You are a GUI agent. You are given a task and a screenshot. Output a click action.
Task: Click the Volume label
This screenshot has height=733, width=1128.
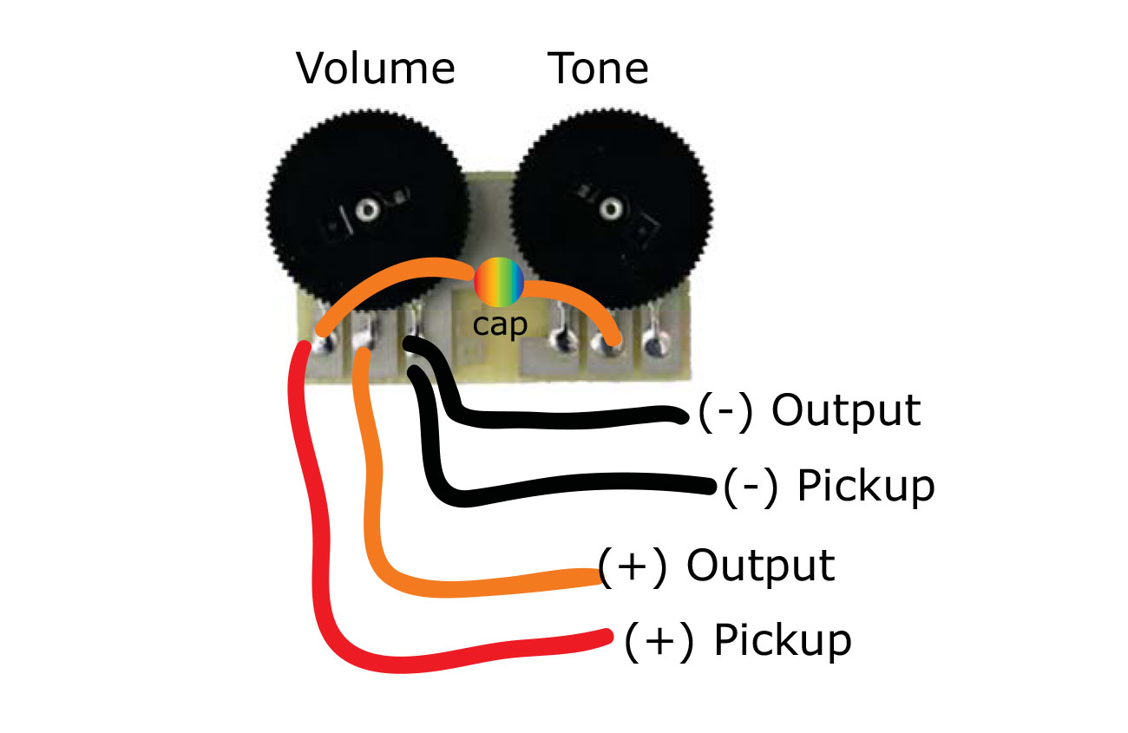375,69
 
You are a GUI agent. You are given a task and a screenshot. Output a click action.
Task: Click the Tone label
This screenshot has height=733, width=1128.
598,69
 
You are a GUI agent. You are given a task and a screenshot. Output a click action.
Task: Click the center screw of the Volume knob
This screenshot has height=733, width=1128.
369,208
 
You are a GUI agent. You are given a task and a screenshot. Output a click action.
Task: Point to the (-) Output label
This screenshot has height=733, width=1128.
809,411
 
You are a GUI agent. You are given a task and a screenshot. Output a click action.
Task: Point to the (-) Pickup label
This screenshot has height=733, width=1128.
829,486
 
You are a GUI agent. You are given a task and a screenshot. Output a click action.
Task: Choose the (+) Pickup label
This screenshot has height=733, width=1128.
738,640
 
